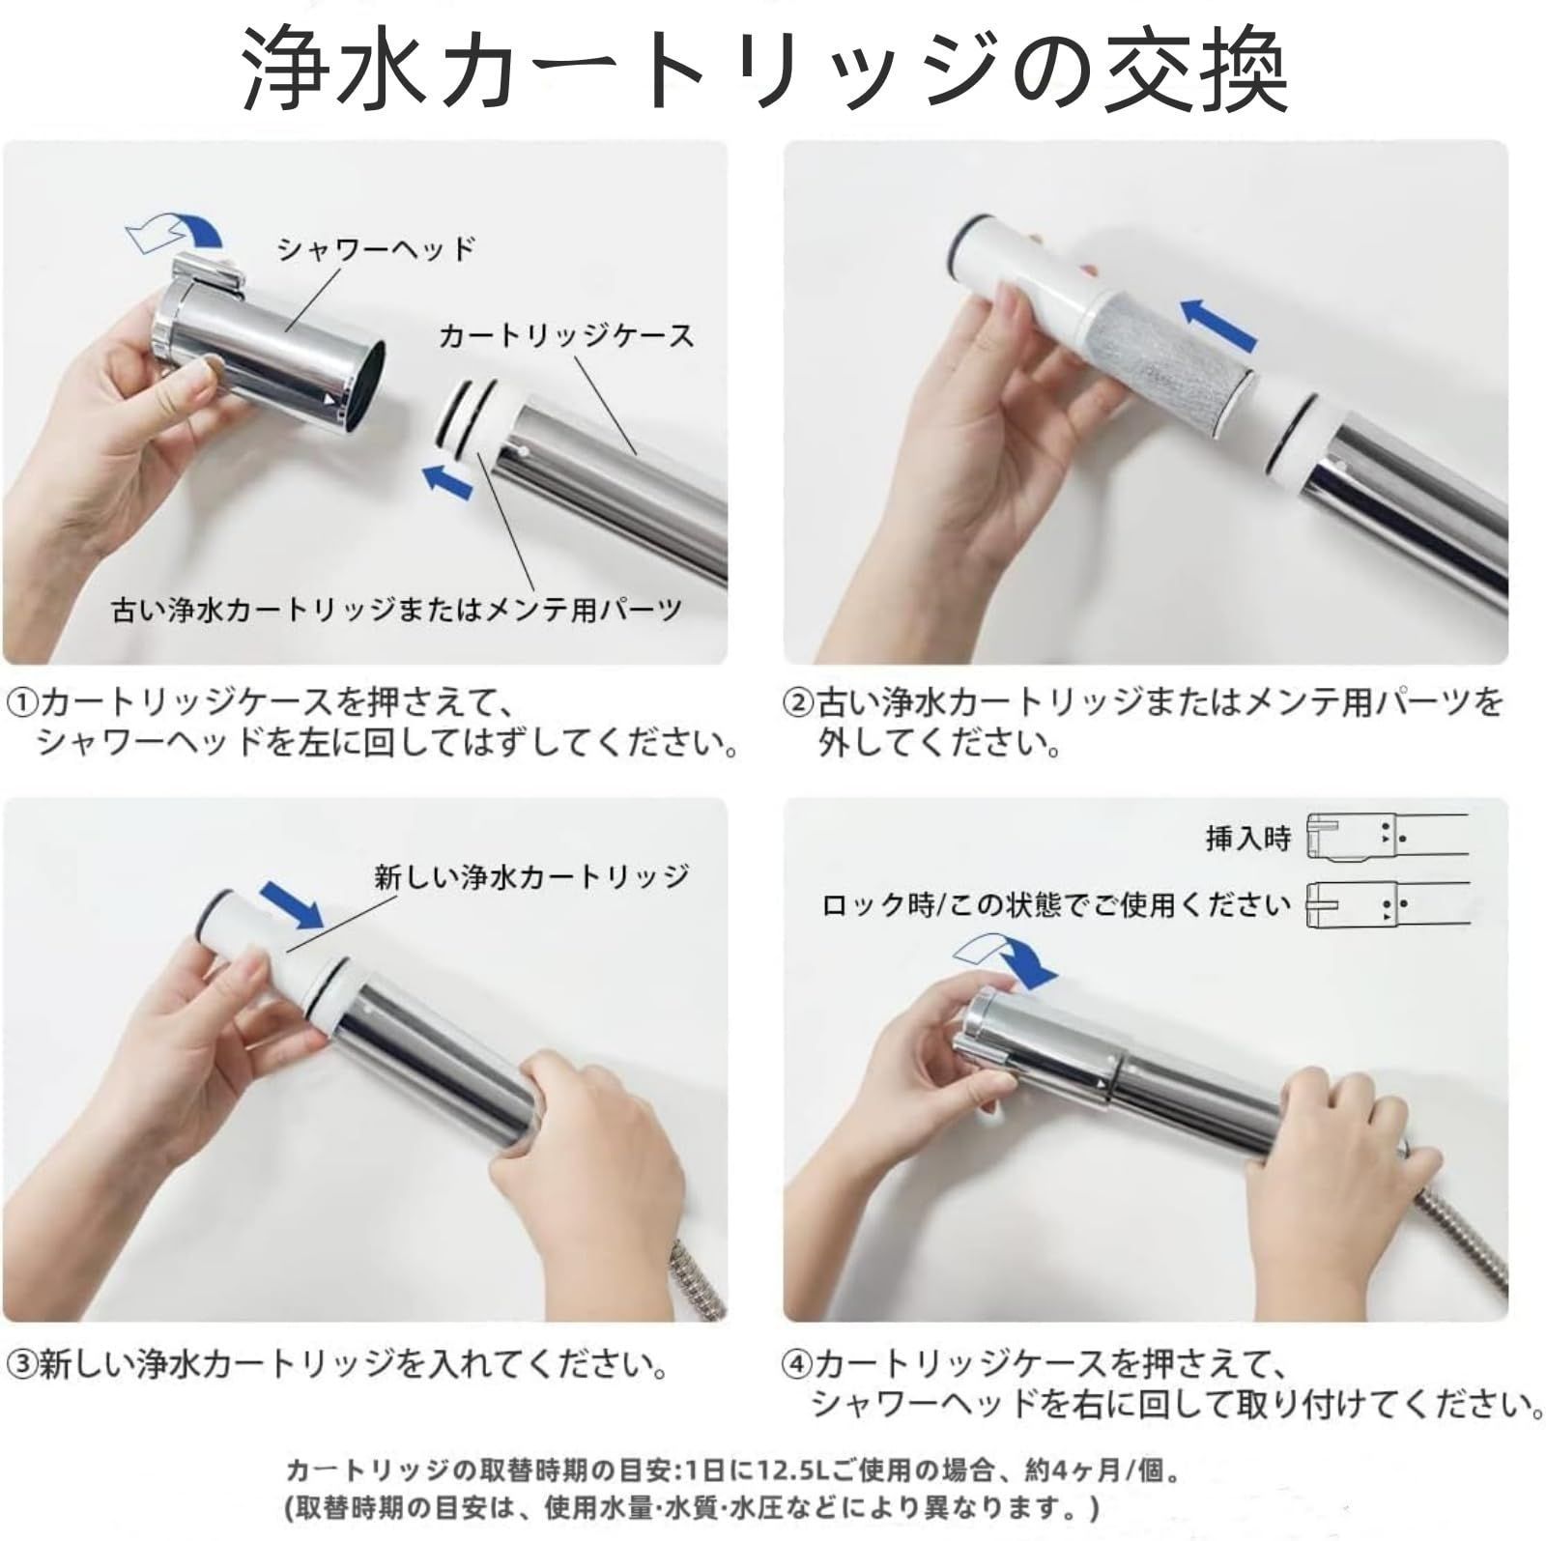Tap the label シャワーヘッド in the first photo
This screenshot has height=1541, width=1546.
pos(376,250)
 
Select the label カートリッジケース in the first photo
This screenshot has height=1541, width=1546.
pos(566,336)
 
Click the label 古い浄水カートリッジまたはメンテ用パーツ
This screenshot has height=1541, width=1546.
pos(397,610)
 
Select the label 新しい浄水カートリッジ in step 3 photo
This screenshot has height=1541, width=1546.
pos(531,876)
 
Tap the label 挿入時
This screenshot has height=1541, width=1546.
pos(1247,838)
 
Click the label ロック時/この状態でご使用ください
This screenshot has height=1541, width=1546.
pos(1055,905)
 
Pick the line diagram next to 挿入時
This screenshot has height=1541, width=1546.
pos(1387,837)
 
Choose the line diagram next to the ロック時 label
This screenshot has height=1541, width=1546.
pos(1387,905)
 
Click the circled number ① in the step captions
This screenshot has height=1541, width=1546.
pos(21,702)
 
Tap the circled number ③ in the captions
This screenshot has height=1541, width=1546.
pos(21,1365)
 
